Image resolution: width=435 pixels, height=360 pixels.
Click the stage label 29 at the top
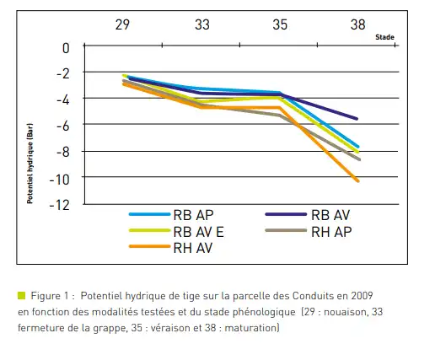122,24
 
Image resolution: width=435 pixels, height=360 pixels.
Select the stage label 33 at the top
202,24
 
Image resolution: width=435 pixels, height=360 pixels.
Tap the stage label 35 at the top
280,24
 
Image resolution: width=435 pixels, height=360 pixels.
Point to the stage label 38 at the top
357,24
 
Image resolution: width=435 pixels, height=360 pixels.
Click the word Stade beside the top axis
384,37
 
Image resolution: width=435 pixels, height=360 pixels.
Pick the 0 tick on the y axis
66,48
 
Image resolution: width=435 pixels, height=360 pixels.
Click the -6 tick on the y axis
62,126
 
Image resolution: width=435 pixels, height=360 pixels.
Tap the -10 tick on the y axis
59,180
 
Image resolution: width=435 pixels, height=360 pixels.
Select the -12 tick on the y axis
59,206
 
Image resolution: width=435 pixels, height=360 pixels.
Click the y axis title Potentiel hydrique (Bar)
30,164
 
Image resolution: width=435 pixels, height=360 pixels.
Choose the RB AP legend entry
171,215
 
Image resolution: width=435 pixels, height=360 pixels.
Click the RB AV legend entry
308,215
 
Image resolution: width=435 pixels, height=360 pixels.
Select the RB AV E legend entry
176,232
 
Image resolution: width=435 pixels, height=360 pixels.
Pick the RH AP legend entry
309,232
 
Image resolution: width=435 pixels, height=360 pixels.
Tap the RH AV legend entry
170,248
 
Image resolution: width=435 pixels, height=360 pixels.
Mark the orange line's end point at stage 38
358,181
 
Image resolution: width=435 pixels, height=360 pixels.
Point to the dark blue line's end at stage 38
357,119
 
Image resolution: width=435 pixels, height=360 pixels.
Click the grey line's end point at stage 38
359,159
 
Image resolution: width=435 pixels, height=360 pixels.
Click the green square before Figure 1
22,295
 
